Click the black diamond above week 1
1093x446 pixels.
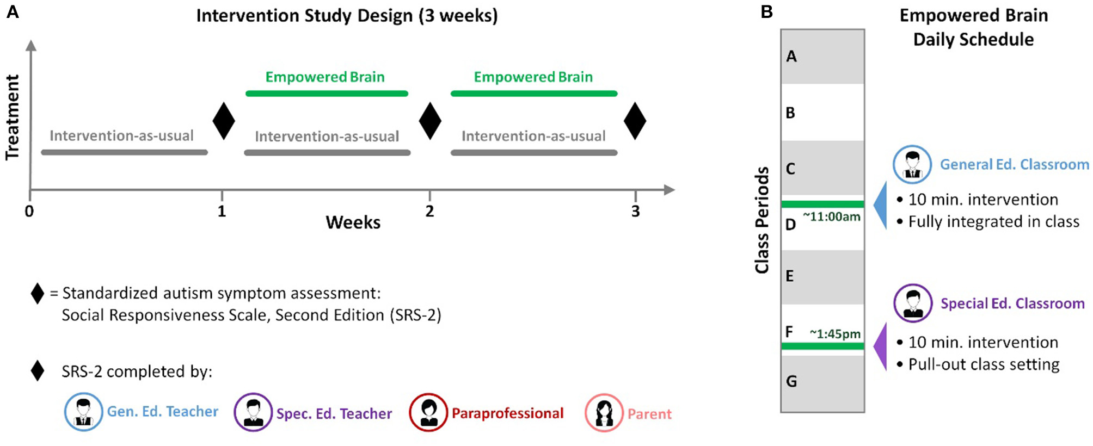tap(223, 121)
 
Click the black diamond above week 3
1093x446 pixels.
tap(635, 121)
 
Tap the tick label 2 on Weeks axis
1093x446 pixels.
tap(429, 212)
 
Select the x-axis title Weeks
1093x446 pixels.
tap(353, 222)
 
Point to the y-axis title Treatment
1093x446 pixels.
tap(13, 117)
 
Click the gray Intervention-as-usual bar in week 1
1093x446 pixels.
tap(124, 152)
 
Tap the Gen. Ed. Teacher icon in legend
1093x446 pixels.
tap(83, 412)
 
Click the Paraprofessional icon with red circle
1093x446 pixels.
tap(428, 412)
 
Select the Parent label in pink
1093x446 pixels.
tap(649, 414)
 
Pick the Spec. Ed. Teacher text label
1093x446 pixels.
tap(334, 414)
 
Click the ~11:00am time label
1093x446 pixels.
tap(832, 217)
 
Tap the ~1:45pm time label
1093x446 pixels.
tap(835, 333)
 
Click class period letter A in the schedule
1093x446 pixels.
tap(791, 57)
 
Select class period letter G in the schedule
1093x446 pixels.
tap(791, 381)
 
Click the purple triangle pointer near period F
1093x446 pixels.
tap(881, 346)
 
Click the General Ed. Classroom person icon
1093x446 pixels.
tap(912, 164)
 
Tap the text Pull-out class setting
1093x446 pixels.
tap(984, 364)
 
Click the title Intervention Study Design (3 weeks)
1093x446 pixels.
tap(347, 15)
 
